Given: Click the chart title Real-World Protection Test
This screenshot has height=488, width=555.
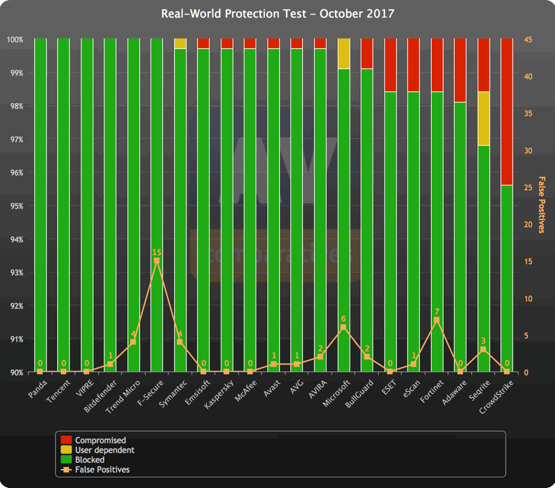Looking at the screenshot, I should (x=277, y=14).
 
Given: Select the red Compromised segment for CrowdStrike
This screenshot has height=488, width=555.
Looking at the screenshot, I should (x=506, y=112).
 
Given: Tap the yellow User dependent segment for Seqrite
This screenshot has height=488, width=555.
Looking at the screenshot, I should (x=483, y=119).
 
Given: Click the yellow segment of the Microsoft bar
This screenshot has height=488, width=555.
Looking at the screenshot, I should (x=343, y=54).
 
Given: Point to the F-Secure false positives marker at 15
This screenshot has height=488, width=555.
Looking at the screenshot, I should (x=157, y=261).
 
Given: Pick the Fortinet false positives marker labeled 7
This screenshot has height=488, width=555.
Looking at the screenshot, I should (x=437, y=320).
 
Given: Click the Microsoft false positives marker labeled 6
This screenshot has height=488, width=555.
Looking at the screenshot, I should (x=343, y=328).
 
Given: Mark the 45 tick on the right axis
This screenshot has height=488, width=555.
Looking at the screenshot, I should (x=528, y=40).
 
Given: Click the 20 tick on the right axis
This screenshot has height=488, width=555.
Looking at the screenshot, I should (x=528, y=224).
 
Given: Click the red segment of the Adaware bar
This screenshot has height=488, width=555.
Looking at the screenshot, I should (x=460, y=70).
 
